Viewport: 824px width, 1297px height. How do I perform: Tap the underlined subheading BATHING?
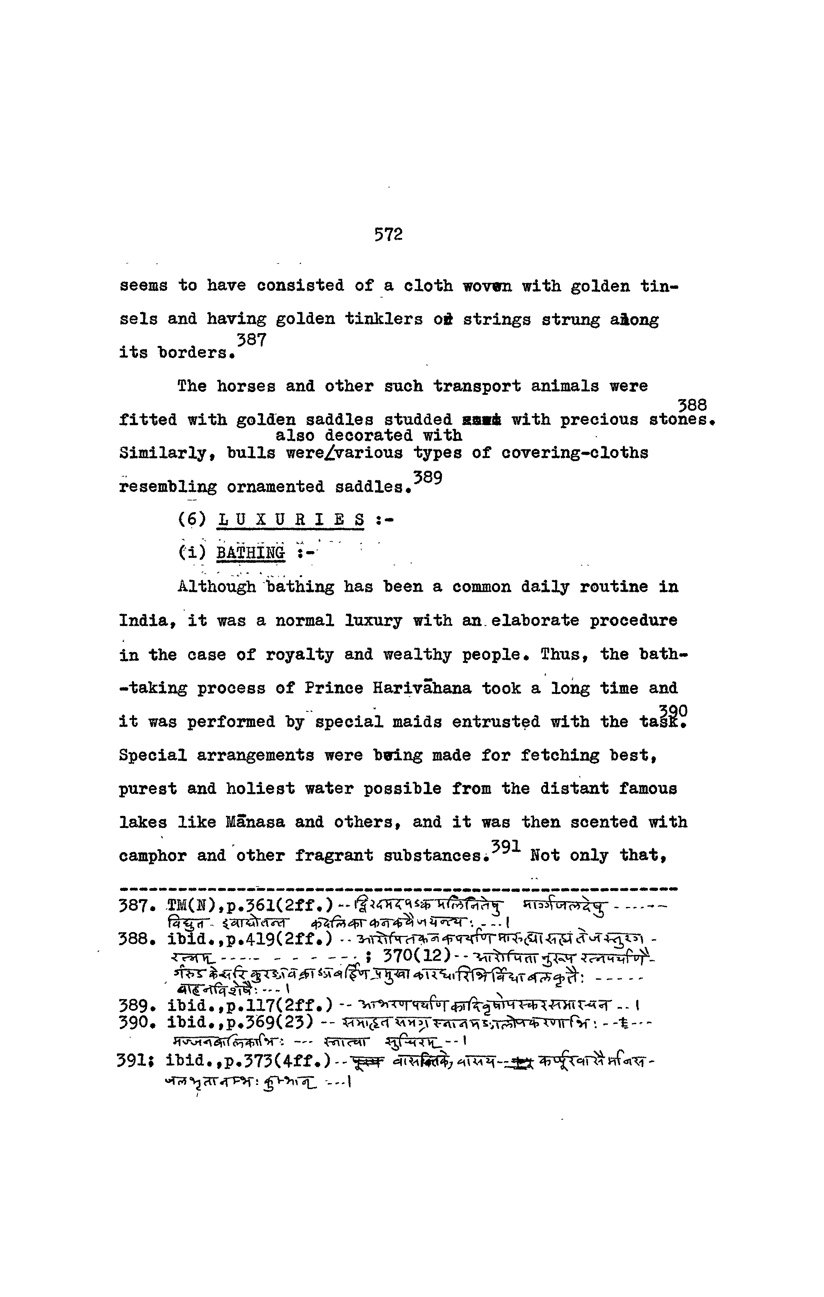pos(250,553)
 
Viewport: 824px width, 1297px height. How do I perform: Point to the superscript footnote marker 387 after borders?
pos(251,340)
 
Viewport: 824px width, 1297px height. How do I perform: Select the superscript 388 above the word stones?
pos(692,405)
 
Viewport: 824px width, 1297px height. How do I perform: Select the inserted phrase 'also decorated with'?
pos(369,435)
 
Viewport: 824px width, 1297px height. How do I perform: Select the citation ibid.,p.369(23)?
pos(240,1022)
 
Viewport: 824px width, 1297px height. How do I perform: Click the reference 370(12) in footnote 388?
pos(416,956)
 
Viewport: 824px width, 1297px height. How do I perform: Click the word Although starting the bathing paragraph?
pos(217,587)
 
